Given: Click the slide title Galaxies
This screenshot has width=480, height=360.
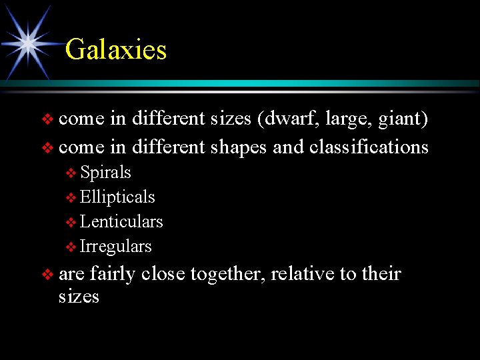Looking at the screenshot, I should pyautogui.click(x=116, y=50).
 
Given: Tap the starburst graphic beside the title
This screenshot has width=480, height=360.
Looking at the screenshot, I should pyautogui.click(x=28, y=43).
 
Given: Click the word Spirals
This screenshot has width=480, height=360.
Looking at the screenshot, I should pyautogui.click(x=105, y=173).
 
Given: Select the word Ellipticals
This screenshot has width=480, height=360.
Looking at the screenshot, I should pyautogui.click(x=117, y=197).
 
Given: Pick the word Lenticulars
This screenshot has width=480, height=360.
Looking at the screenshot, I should pyautogui.click(x=121, y=222).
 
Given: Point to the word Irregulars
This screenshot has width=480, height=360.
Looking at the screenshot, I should pyautogui.click(x=116, y=247).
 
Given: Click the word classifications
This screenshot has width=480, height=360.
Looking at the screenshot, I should pyautogui.click(x=369, y=147).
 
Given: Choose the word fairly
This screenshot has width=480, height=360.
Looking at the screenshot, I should pyautogui.click(x=113, y=275).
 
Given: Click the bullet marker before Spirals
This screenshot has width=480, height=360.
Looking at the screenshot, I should pyautogui.click(x=71, y=174).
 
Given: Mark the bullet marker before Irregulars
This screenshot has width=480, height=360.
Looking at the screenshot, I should pyautogui.click(x=71, y=248).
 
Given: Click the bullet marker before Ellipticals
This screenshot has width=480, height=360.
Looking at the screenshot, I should pyautogui.click(x=71, y=199).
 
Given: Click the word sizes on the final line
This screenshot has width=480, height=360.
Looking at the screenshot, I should pyautogui.click(x=79, y=297).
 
